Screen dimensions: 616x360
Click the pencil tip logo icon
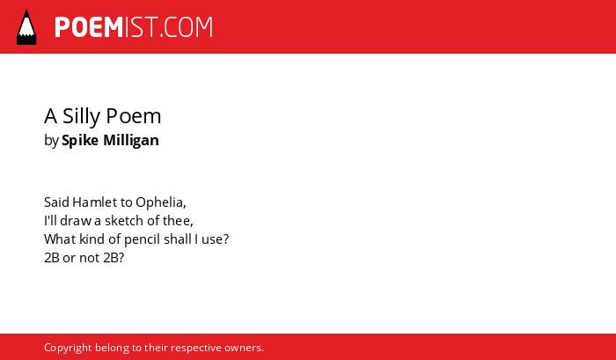click(x=26, y=27)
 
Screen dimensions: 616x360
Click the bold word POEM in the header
click(x=89, y=27)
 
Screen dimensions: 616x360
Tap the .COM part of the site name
click(x=186, y=27)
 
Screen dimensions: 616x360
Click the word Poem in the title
click(x=134, y=116)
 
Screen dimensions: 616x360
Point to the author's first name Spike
click(x=80, y=141)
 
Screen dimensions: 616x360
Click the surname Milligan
click(x=131, y=141)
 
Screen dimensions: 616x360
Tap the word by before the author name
click(x=51, y=141)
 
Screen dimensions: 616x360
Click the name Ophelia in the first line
click(x=161, y=202)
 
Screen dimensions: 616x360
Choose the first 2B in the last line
click(x=52, y=258)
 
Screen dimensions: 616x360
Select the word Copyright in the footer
click(x=68, y=349)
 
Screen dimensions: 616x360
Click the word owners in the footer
click(x=244, y=349)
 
